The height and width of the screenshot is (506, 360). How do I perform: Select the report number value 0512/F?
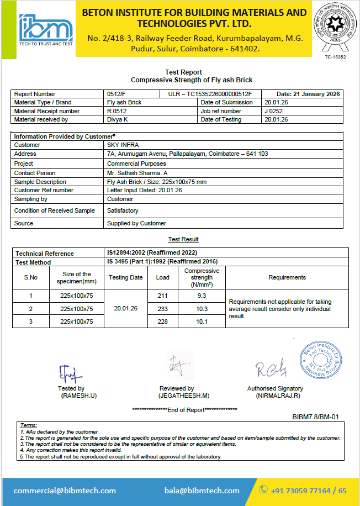[x=117, y=94]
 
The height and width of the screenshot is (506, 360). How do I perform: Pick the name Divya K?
[x=118, y=119]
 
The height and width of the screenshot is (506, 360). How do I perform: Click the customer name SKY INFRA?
[x=123, y=145]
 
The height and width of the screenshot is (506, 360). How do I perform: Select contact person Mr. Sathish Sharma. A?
[x=138, y=173]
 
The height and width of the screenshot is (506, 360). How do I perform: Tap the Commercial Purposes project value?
[x=136, y=164]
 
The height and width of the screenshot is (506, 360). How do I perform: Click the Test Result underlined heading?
[x=183, y=239]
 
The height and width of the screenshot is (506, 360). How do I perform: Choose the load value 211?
[x=162, y=296]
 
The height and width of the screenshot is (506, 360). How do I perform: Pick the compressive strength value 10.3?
[x=202, y=309]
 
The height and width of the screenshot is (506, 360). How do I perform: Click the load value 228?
[x=162, y=321]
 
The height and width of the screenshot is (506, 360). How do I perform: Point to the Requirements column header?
[x=287, y=277]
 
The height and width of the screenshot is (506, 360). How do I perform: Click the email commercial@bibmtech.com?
[x=65, y=491]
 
